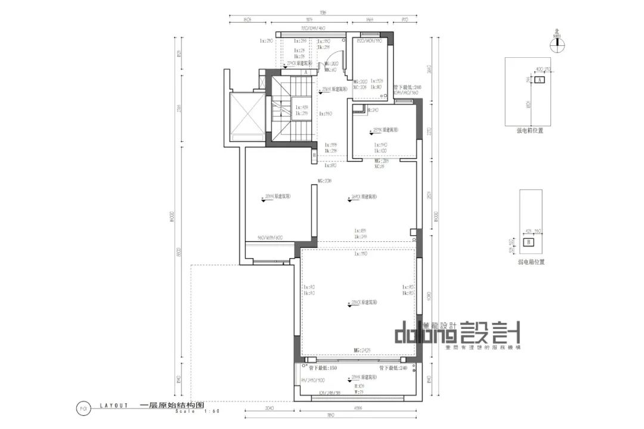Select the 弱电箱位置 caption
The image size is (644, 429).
530,261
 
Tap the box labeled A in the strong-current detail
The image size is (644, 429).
539,79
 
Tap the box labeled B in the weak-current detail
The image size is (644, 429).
528,242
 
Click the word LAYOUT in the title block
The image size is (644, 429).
114,405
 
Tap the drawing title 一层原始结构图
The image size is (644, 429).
163,405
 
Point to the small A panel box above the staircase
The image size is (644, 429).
305,72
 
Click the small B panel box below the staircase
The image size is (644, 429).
314,156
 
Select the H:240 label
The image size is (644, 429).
373,110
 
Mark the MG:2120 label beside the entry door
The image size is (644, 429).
330,63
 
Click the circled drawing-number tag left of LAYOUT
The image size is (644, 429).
83,408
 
